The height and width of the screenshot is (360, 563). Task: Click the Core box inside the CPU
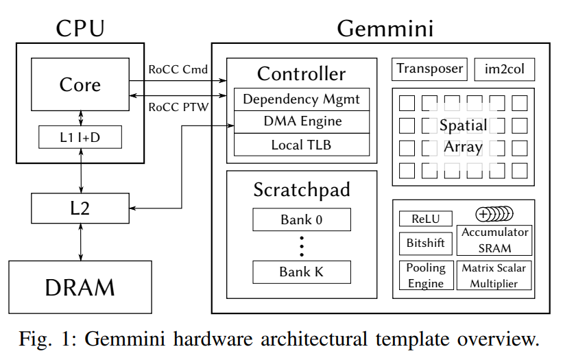(80, 85)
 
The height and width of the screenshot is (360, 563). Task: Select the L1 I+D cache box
(80, 138)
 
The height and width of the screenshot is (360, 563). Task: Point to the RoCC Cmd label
(178, 70)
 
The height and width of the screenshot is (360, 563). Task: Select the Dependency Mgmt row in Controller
(302, 99)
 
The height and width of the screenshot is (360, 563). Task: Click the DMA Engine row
(302, 122)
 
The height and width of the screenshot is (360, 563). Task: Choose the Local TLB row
(302, 145)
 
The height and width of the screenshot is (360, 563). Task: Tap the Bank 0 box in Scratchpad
(302, 220)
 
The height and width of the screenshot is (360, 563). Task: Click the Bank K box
(302, 272)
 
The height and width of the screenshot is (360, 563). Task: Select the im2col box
(504, 69)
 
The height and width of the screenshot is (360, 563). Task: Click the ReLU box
(425, 218)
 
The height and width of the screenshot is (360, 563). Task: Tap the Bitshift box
(425, 243)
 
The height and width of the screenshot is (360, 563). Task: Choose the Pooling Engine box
(425, 275)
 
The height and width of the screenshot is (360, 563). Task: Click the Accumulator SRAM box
(494, 240)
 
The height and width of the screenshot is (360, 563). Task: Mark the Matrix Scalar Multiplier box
(494, 275)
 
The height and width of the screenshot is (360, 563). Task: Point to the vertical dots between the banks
(302, 245)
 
